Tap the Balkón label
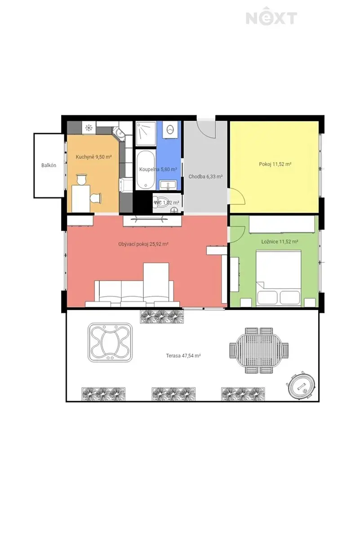(49, 165)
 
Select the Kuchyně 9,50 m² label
(93, 157)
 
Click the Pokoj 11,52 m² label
(275, 164)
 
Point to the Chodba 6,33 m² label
(205, 177)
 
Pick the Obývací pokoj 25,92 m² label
(143, 244)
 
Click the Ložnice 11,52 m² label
(280, 241)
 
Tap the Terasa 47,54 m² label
(183, 356)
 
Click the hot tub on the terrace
(110, 342)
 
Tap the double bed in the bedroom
(278, 278)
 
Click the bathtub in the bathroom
(146, 170)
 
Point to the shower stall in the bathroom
(146, 134)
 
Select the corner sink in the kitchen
(119, 133)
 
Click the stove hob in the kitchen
(89, 128)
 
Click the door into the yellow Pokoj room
(237, 196)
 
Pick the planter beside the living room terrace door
(162, 317)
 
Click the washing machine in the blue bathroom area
(171, 130)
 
